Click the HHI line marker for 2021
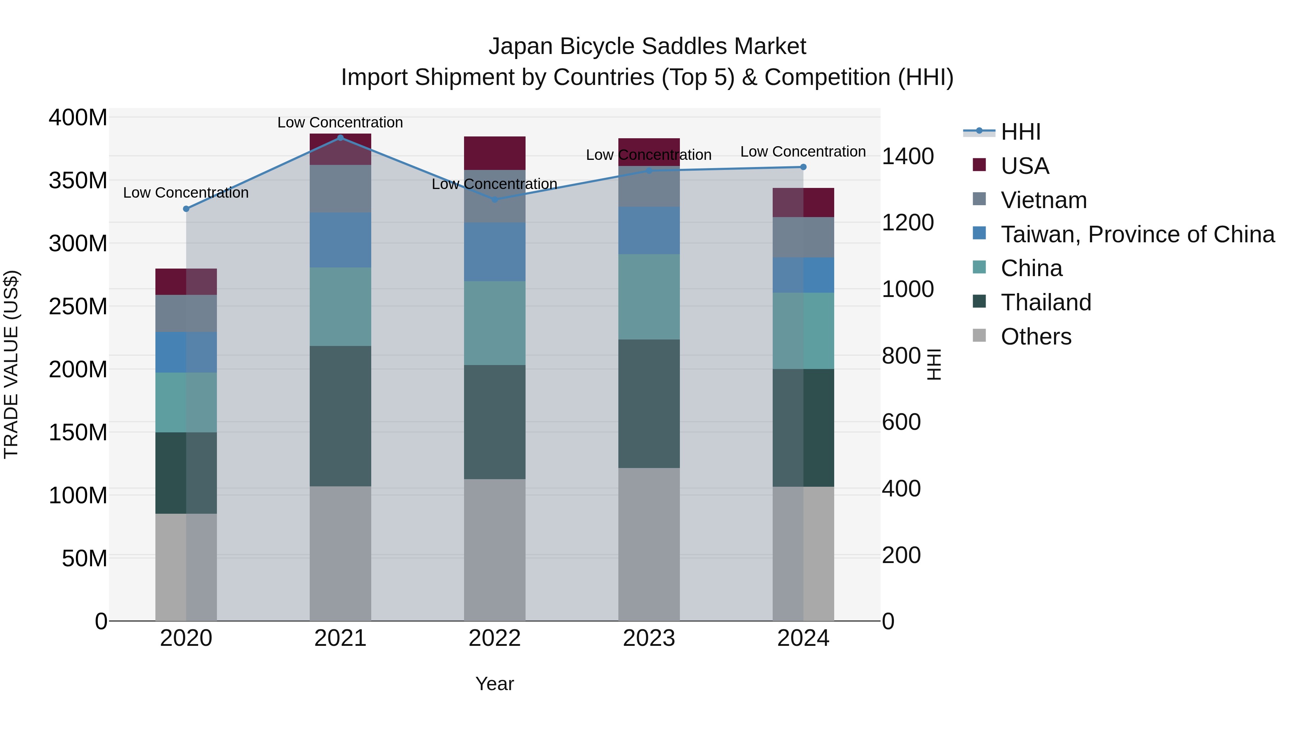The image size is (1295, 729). coord(340,138)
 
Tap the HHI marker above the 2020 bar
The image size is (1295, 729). coord(186,209)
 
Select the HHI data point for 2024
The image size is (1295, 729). coord(803,167)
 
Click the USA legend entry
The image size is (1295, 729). coord(1024,166)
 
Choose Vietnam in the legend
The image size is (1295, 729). coord(1043,200)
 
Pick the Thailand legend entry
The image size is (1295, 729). coord(1046,302)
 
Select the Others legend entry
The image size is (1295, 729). coord(1036,337)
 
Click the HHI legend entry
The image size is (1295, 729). coord(1021,132)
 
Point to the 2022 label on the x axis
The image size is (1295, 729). coord(495,638)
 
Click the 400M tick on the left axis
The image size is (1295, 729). coord(78,118)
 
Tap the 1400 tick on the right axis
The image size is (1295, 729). coord(908,157)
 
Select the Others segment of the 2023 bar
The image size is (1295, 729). coord(649,544)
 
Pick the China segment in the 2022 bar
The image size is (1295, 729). coord(495,323)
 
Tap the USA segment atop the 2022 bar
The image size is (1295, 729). coord(495,153)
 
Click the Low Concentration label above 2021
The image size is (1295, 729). coord(340,123)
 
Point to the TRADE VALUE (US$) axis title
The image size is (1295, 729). coord(11,364)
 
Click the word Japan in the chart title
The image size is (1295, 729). coord(521,47)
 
